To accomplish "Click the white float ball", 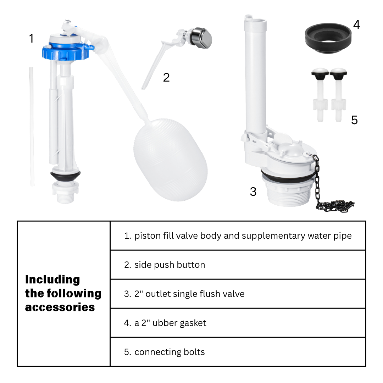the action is [x=171, y=160].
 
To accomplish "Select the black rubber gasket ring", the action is [x=328, y=38].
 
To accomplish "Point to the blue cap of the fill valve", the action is [x=66, y=51].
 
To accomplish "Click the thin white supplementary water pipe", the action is [x=32, y=127].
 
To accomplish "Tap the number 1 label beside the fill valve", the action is [x=31, y=38].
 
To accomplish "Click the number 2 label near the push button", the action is [x=166, y=77].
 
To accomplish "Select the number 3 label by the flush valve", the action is [x=253, y=191].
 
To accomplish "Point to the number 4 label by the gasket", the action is [x=356, y=24].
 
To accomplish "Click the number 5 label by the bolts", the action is [x=354, y=120].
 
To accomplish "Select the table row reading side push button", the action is [x=165, y=265].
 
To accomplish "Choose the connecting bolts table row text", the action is [x=165, y=352].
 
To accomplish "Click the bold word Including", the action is [x=52, y=280].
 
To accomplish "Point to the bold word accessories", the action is [x=60, y=307].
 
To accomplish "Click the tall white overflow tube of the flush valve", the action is [x=255, y=76].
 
